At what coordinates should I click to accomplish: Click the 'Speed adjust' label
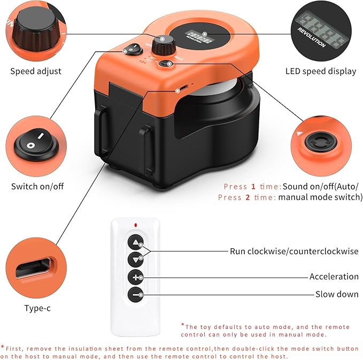(x=36, y=71)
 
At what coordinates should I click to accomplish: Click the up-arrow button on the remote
(x=136, y=241)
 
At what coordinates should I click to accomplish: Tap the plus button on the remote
(x=136, y=277)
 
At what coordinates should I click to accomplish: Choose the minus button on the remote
(x=136, y=294)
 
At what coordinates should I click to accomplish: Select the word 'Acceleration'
(x=334, y=277)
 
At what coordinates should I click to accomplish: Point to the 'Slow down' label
(x=337, y=294)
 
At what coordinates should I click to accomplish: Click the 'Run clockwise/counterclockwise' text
(x=294, y=251)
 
